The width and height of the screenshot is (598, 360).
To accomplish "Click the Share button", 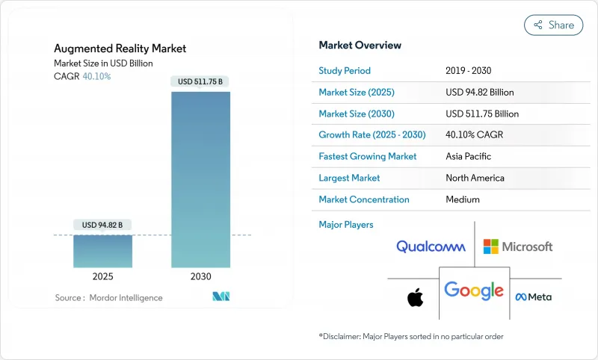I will click(553, 25).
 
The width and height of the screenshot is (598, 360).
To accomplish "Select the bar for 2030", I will click(201, 179).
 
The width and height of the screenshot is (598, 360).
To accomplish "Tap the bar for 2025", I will click(102, 251).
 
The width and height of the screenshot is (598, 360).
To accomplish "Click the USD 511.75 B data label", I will click(201, 81).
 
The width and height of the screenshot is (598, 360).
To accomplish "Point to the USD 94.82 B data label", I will click(102, 225).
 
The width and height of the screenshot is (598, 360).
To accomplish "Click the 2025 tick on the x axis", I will click(102, 276).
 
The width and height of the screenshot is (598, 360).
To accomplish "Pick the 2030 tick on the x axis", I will click(201, 276).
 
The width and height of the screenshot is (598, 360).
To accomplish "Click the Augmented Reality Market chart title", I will click(120, 49).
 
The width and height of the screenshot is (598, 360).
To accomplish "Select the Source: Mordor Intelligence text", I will click(108, 297).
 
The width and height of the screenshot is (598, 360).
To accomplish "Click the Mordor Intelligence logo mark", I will click(221, 297).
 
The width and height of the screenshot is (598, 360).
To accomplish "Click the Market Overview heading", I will click(360, 46).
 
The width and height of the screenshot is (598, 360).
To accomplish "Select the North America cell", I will click(475, 178).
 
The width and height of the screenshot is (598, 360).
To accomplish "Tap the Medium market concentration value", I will click(463, 199).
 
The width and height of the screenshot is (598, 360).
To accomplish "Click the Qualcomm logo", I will click(431, 246).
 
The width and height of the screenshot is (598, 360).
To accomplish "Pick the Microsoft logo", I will click(518, 246).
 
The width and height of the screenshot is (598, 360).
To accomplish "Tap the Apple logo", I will click(415, 298).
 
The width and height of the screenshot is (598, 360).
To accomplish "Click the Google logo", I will click(473, 290).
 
